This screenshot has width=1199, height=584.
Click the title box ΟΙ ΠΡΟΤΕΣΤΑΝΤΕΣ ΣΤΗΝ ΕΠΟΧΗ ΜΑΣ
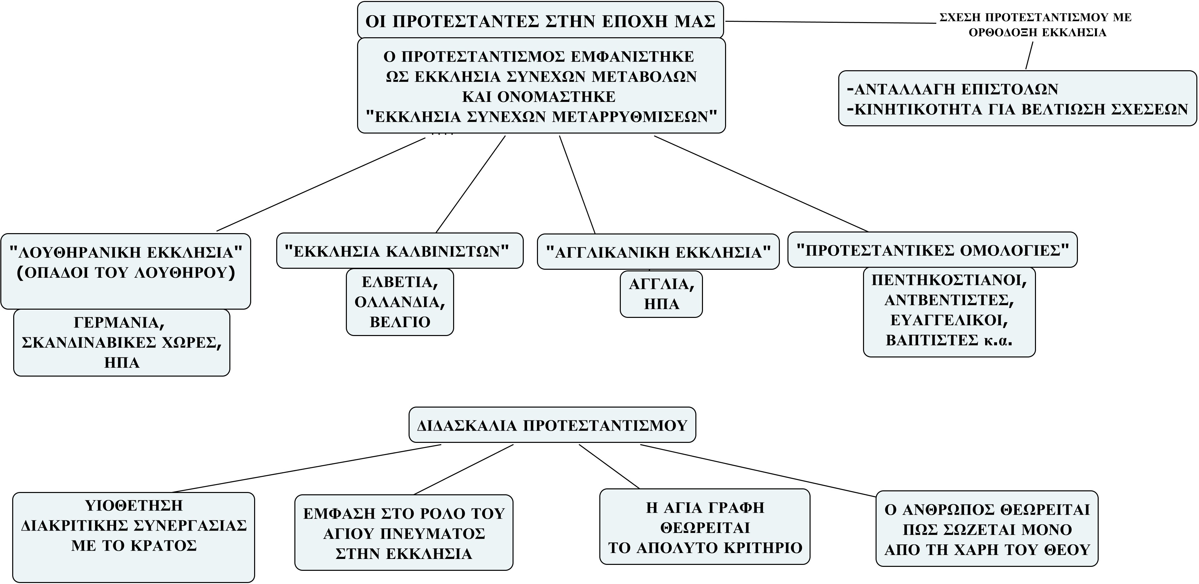click(x=540, y=21)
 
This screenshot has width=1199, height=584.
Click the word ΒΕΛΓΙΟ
click(x=400, y=322)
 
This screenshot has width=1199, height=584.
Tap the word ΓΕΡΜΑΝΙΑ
click(x=119, y=322)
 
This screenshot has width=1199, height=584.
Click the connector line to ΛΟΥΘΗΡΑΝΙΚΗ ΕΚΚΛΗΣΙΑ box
click(x=321, y=184)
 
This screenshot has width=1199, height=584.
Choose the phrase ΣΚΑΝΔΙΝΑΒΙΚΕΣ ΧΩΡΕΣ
click(x=121, y=343)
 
